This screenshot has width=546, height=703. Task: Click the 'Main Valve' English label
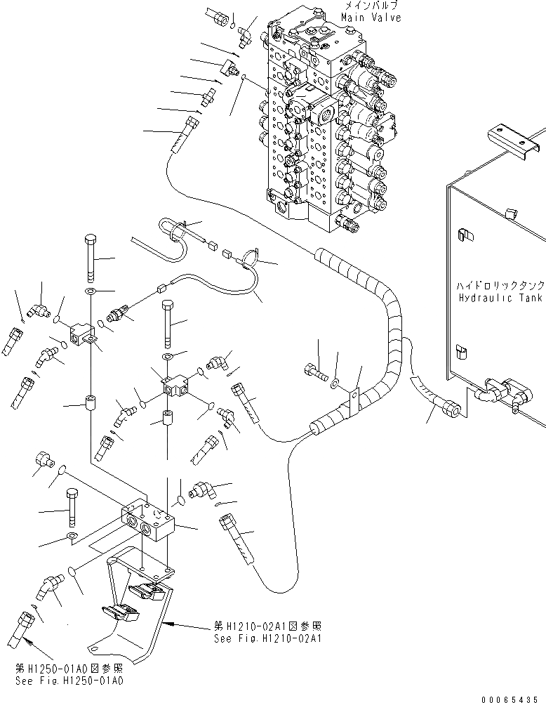[x=372, y=18]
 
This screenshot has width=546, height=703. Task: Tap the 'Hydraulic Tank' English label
[x=500, y=298]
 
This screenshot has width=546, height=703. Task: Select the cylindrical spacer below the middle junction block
[x=167, y=419]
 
